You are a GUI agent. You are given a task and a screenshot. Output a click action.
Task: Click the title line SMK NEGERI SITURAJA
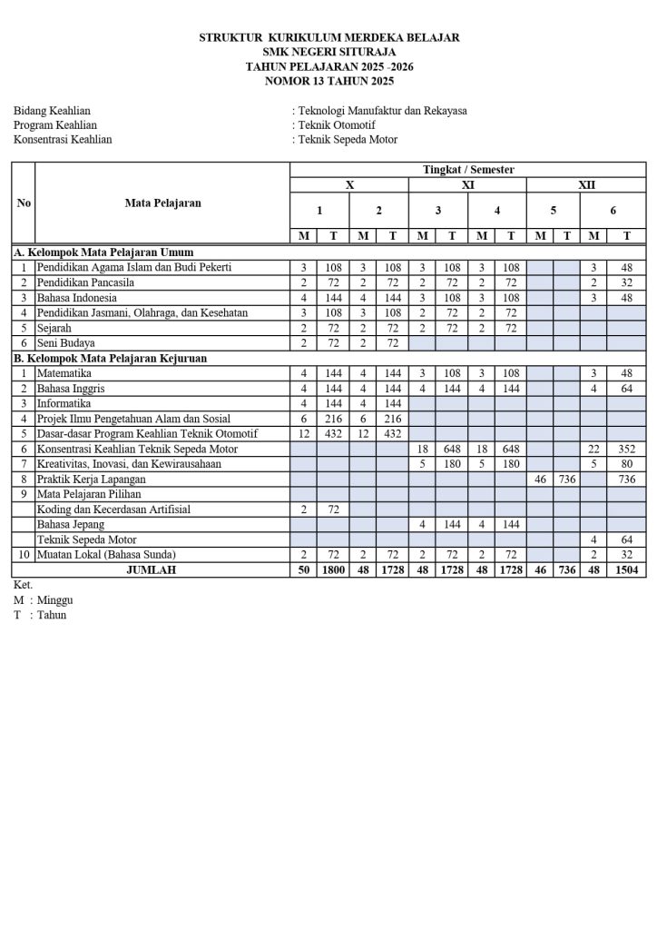point(328,52)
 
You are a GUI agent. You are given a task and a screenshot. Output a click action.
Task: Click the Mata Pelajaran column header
point(162,203)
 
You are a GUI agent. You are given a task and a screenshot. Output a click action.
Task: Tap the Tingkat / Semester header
point(467,170)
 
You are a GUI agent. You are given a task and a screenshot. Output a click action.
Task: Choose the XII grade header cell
point(586,184)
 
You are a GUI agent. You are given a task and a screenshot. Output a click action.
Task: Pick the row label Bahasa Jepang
point(71,524)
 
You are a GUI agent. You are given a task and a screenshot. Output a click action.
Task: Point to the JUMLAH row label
point(152,569)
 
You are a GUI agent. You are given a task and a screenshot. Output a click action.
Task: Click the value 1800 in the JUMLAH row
point(334,569)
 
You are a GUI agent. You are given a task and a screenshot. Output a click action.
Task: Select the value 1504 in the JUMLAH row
point(627,569)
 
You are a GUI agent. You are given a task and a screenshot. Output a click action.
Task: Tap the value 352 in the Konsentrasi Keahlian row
point(627,449)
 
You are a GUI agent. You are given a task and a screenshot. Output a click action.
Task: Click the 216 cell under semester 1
point(334,419)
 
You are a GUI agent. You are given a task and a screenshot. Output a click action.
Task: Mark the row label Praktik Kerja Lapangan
point(93,479)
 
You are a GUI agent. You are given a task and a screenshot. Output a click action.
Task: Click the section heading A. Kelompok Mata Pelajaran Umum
point(103,252)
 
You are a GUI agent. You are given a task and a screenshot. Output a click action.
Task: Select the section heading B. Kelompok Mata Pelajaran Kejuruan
point(110,358)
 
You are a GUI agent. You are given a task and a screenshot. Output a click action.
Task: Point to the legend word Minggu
point(55,600)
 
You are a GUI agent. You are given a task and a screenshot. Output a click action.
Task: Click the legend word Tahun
point(52,615)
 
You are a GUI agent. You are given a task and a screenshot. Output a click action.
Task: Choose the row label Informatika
point(64,403)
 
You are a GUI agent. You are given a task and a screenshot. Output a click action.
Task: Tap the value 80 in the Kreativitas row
point(627,464)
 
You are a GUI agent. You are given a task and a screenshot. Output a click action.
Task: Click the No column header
point(24,203)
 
